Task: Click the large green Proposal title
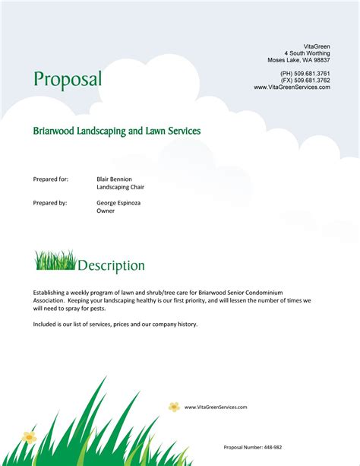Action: tap(67, 79)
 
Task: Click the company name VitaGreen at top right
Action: tap(317, 46)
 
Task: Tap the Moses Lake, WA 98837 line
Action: tap(298, 60)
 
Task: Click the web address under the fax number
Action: tap(292, 87)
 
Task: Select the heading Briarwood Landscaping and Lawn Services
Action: tap(116, 131)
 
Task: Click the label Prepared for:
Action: tap(51, 179)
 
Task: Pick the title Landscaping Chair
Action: tap(120, 187)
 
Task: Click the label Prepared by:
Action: tap(50, 203)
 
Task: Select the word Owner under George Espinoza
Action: tap(106, 211)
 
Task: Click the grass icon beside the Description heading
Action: tap(55, 261)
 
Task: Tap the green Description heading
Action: tap(111, 266)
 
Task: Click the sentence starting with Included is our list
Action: tap(115, 324)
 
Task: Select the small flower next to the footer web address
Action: tap(174, 407)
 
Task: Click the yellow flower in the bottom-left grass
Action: tap(30, 437)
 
